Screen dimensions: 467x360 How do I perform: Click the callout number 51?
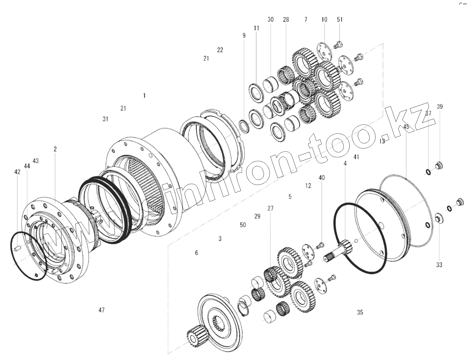340,20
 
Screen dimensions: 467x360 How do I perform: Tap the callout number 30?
271,20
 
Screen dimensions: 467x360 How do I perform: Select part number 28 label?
286,20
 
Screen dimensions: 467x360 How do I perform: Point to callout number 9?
244,36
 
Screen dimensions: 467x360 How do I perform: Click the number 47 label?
102,310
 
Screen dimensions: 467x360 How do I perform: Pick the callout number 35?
360,313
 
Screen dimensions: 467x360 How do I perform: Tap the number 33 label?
439,265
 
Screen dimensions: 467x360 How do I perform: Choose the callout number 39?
440,107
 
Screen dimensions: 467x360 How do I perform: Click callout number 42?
17,172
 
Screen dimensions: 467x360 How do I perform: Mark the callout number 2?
55,149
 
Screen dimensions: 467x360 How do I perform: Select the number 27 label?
270,208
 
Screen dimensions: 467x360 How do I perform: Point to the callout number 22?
220,50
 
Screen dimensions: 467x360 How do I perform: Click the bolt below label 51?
339,45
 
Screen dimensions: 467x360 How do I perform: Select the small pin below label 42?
18,248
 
